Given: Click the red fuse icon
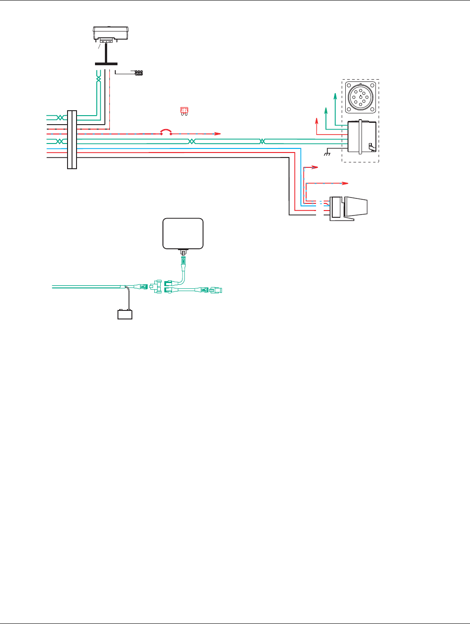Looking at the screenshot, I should [183, 111].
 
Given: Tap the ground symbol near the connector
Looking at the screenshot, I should [327, 154].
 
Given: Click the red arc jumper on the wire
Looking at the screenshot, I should [166, 131].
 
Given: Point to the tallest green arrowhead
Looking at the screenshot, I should [334, 94].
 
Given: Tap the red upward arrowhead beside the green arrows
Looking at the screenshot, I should [316, 119].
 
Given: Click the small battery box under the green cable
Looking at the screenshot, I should [125, 314].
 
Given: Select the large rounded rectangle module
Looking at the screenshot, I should [183, 233].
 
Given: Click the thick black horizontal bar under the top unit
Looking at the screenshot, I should [106, 64].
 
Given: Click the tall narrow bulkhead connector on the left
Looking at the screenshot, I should [72, 139].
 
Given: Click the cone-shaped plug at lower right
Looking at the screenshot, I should [355, 207].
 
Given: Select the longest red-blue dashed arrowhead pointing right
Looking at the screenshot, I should [345, 183].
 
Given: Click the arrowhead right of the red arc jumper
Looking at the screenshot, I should [218, 134].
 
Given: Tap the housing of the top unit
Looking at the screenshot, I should [111, 33].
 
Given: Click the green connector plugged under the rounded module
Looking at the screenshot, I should [183, 260].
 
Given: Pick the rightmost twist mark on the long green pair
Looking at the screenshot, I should [262, 141].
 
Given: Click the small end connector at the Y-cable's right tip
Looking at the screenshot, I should [217, 290].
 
